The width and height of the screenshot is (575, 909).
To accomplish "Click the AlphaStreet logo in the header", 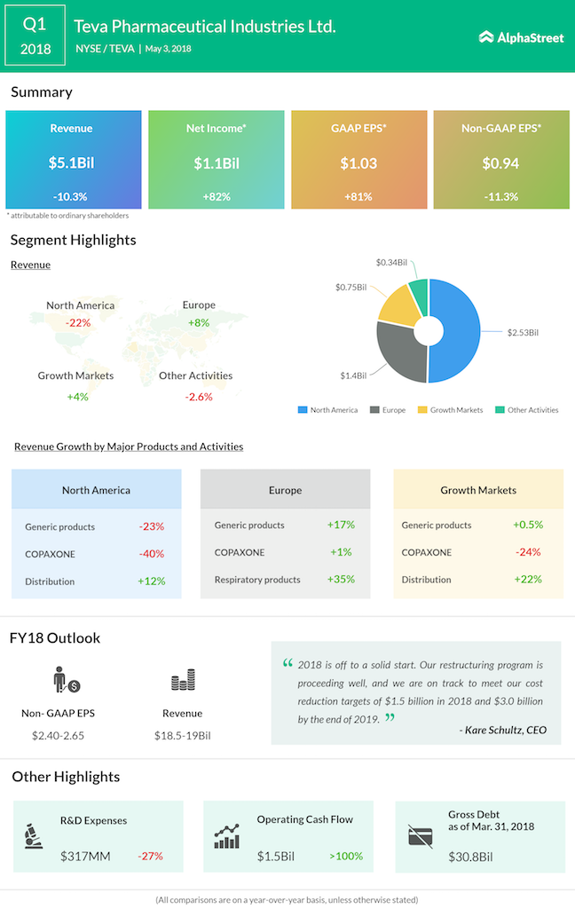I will coord(521,37).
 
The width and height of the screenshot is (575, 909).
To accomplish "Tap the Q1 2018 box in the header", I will coord(35,36).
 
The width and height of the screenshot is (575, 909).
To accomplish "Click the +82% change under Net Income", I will coord(216,196).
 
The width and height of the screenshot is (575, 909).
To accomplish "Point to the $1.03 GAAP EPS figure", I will coord(358,163).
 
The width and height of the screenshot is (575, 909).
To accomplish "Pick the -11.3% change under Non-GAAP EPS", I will coord(500,196).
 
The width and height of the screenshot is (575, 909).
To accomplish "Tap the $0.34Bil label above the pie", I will coord(391,263).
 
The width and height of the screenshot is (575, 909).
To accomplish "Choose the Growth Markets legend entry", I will coord(456,410).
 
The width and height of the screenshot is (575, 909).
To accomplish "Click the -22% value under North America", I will coord(78,322).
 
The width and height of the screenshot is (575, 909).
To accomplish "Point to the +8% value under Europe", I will coord(198,322).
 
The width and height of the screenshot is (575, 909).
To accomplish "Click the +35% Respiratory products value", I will coord(340,580).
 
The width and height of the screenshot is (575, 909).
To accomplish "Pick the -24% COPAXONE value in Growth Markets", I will coord(528,552).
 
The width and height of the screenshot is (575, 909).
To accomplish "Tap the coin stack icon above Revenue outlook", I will coord(183,682).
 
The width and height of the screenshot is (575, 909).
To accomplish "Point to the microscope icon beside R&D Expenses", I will coord(35,835).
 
